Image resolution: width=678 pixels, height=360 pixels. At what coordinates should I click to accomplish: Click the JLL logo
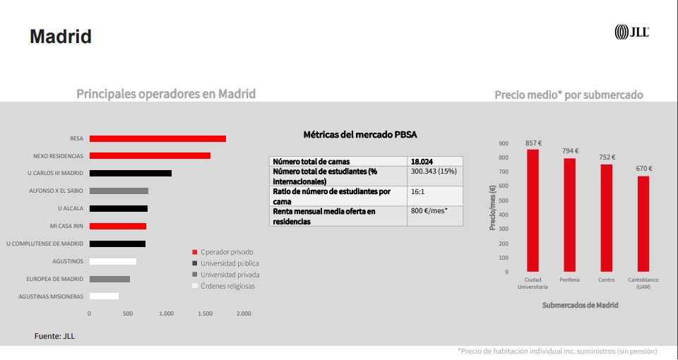click(631, 32)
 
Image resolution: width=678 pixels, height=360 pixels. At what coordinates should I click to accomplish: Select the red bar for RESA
click(157, 138)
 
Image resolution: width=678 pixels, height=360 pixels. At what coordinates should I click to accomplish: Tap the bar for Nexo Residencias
click(150, 156)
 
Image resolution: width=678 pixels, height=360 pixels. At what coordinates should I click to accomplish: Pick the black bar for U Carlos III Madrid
click(131, 173)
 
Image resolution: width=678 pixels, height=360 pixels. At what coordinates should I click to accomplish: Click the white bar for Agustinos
click(113, 261)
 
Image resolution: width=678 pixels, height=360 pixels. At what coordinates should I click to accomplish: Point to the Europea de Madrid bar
click(109, 279)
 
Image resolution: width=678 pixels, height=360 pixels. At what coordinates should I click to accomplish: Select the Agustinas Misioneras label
click(51, 296)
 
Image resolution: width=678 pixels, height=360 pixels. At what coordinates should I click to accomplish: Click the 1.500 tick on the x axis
click(205, 313)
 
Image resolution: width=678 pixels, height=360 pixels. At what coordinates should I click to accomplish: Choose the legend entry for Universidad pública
click(230, 263)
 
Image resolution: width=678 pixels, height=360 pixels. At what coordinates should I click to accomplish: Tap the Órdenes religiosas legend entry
click(227, 286)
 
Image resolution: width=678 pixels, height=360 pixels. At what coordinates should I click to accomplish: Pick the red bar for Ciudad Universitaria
click(533, 210)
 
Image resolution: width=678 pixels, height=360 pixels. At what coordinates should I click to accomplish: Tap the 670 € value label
click(643, 169)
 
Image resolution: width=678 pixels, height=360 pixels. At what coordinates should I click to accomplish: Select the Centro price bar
click(606, 217)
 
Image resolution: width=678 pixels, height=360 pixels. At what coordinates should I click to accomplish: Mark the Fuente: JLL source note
click(54, 336)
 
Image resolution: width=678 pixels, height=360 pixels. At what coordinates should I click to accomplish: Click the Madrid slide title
click(61, 37)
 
